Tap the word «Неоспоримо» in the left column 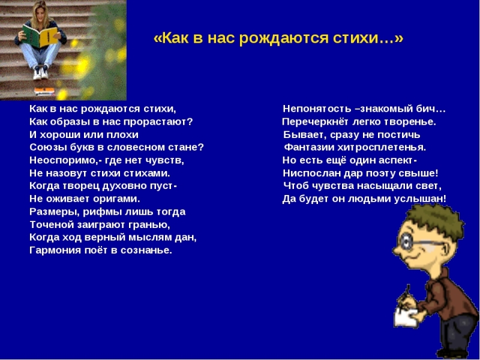click(64, 160)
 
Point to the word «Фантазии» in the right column click(309, 148)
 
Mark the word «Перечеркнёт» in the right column click(316, 122)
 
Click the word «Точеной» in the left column click(51, 225)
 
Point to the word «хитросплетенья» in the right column click(382, 148)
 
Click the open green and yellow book click(40, 35)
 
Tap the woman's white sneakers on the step click(41, 72)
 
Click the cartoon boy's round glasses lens click(406, 241)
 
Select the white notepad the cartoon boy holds click(404, 317)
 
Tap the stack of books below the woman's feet click(44, 91)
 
